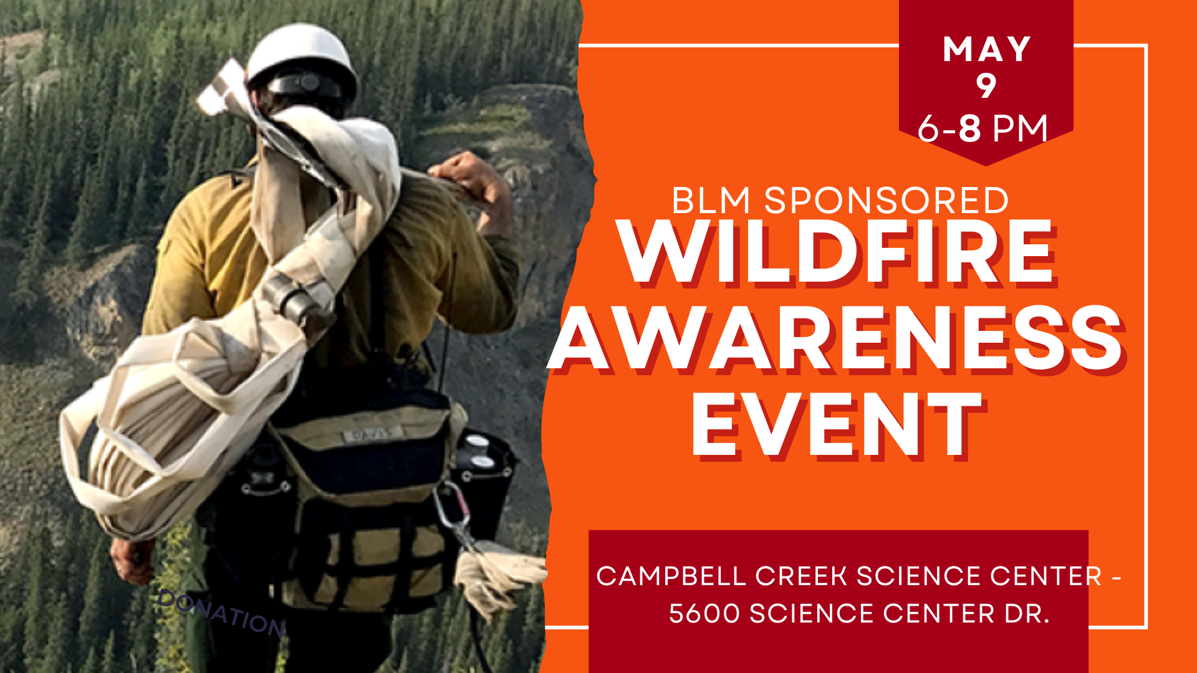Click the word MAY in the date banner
(986, 49)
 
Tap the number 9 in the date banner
(986, 86)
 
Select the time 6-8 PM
(983, 128)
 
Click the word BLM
(711, 201)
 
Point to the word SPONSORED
(887, 201)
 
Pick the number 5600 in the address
(704, 614)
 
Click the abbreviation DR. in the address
(1027, 614)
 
